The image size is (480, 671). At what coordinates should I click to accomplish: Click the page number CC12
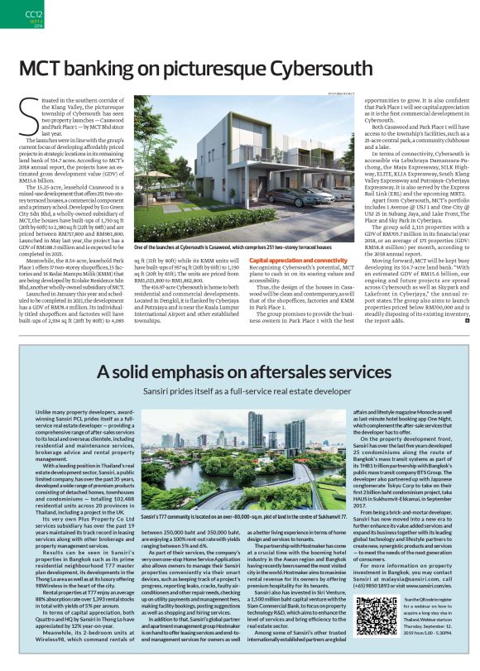tap(34, 14)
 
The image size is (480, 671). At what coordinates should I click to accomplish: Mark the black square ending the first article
tap(467, 319)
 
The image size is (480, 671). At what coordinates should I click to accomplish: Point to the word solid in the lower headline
tap(126, 373)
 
